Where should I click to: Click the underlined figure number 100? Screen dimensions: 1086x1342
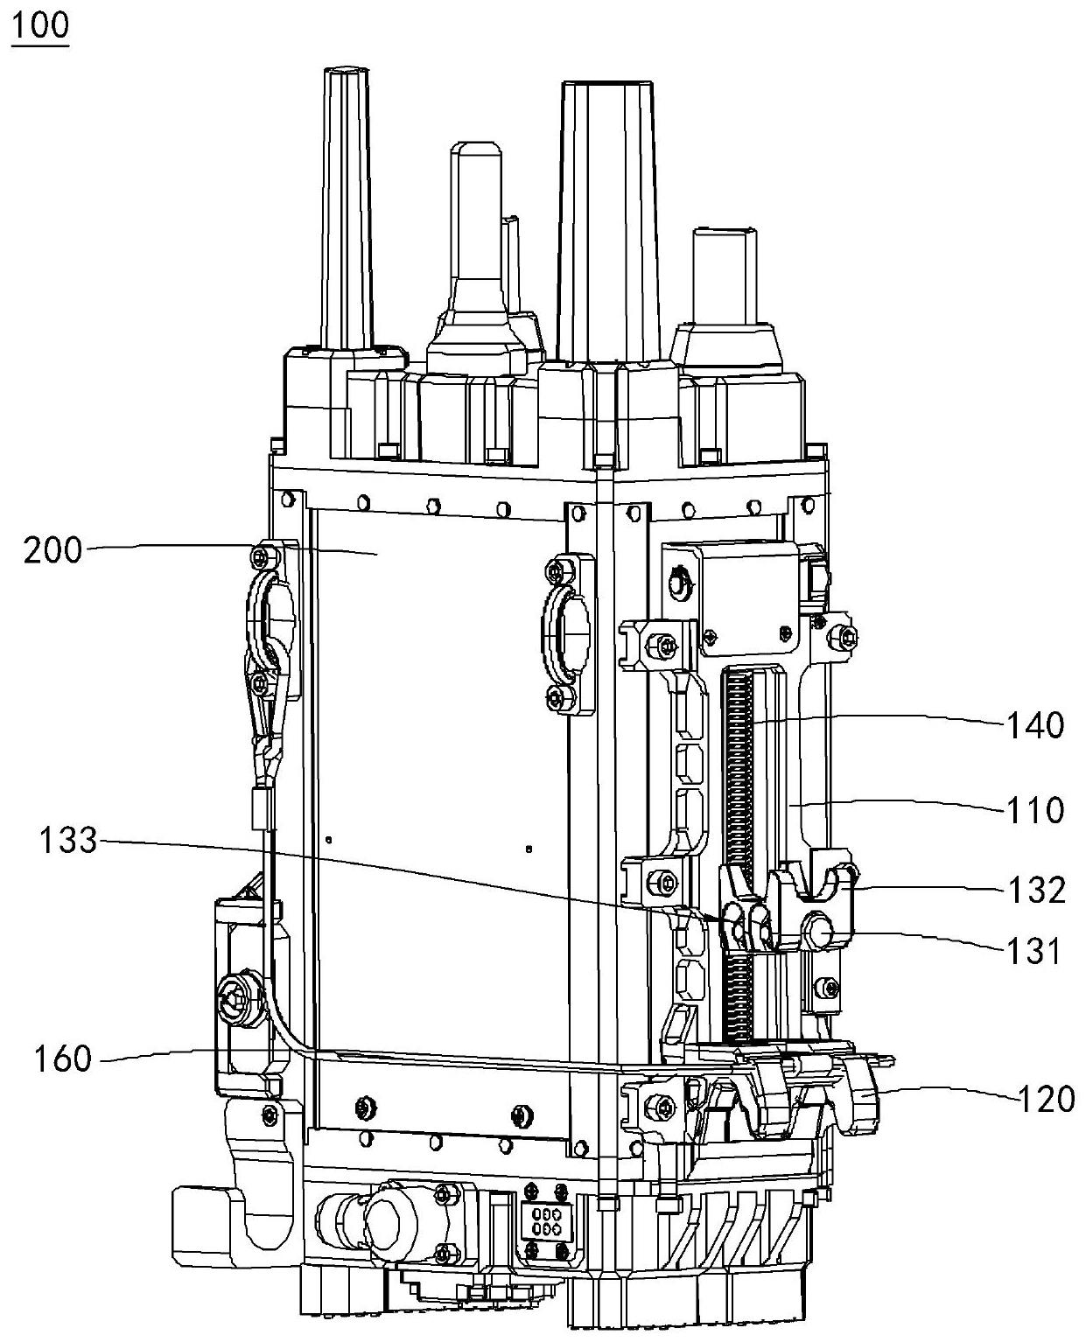click(39, 25)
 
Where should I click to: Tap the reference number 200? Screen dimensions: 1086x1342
click(53, 550)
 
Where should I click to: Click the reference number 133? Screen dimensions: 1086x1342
click(68, 841)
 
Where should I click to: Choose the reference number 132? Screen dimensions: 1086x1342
click(1036, 890)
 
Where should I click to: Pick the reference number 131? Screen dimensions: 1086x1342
click(1033, 951)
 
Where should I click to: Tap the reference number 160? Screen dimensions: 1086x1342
click(63, 1059)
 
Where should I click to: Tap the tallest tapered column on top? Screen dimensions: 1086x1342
click(606, 220)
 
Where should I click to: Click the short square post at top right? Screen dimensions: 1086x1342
click(725, 278)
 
